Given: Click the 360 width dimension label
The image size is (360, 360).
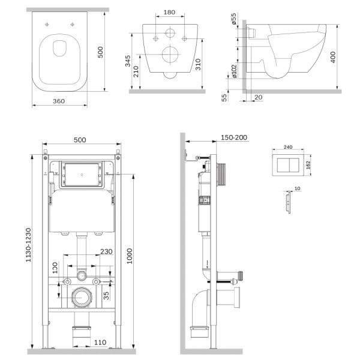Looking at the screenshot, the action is [x=59, y=101].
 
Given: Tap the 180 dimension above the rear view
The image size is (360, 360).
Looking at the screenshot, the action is [x=169, y=12].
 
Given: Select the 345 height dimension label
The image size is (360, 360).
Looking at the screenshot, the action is [x=128, y=61].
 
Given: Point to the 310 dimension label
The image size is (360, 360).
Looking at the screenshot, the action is [x=198, y=65].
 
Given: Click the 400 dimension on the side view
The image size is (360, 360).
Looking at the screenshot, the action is [x=332, y=57].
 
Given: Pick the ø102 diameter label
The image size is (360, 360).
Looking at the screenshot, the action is [x=234, y=71].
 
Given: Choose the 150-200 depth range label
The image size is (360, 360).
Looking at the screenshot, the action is [x=234, y=137].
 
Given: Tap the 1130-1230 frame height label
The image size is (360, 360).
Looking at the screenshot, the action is [x=28, y=245].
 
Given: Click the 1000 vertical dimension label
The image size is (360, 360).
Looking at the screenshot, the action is [x=130, y=256].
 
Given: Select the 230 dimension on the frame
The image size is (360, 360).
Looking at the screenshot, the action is [x=106, y=251].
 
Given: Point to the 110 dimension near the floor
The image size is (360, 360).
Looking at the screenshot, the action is [x=100, y=343].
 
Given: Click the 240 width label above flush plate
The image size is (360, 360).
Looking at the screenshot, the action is [x=288, y=147].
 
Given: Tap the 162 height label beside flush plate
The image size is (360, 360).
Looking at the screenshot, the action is [x=308, y=165].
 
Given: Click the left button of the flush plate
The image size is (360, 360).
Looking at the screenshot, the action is [x=283, y=165].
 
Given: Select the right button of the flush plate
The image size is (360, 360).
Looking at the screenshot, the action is [x=294, y=165].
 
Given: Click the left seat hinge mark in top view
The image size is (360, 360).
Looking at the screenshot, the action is [x=47, y=25].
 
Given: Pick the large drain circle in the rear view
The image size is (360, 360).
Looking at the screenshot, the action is [x=170, y=55].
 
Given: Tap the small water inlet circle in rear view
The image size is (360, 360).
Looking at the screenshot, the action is [x=170, y=33].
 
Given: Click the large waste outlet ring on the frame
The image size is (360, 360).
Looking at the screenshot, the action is [x=82, y=298].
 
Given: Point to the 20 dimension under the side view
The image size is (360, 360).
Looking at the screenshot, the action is [x=259, y=97].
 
